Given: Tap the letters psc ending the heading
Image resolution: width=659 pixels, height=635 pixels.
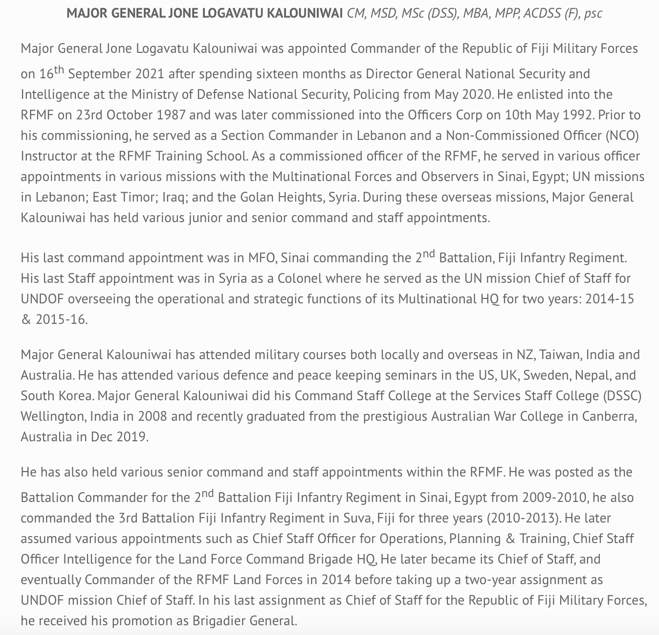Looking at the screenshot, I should [593, 13].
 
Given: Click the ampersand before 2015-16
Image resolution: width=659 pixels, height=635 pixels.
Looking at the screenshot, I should [25, 319].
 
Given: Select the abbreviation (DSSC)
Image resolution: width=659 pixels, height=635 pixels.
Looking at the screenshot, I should [619, 396].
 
